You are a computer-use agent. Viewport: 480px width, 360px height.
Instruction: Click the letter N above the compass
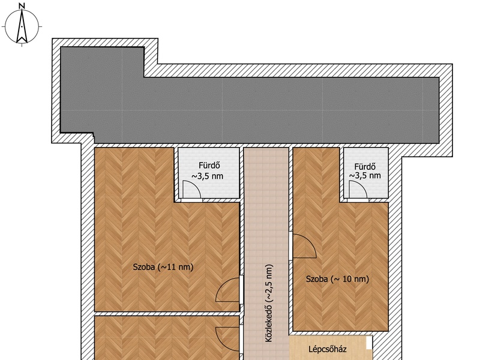22,5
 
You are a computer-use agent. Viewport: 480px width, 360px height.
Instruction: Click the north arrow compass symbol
22,26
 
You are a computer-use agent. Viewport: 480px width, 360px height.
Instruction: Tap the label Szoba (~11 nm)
163,267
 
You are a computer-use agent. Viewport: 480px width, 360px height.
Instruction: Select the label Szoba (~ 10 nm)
337,279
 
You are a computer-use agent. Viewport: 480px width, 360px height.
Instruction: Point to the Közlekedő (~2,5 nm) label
268,303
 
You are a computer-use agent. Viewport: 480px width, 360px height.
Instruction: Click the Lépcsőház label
327,349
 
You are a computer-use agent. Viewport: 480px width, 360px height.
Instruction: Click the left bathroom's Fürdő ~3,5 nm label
208,171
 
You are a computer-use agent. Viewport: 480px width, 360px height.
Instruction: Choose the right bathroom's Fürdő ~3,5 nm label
365,171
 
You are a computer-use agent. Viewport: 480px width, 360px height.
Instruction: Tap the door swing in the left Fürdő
191,190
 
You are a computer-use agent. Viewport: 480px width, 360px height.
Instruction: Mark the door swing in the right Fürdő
358,190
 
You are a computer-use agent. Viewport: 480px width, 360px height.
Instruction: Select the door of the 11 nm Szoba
228,290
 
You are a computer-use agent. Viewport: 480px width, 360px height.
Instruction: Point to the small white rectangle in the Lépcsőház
369,342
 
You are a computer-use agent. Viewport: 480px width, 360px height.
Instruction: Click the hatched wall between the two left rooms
167,314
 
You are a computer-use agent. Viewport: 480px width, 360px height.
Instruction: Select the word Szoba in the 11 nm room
143,267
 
